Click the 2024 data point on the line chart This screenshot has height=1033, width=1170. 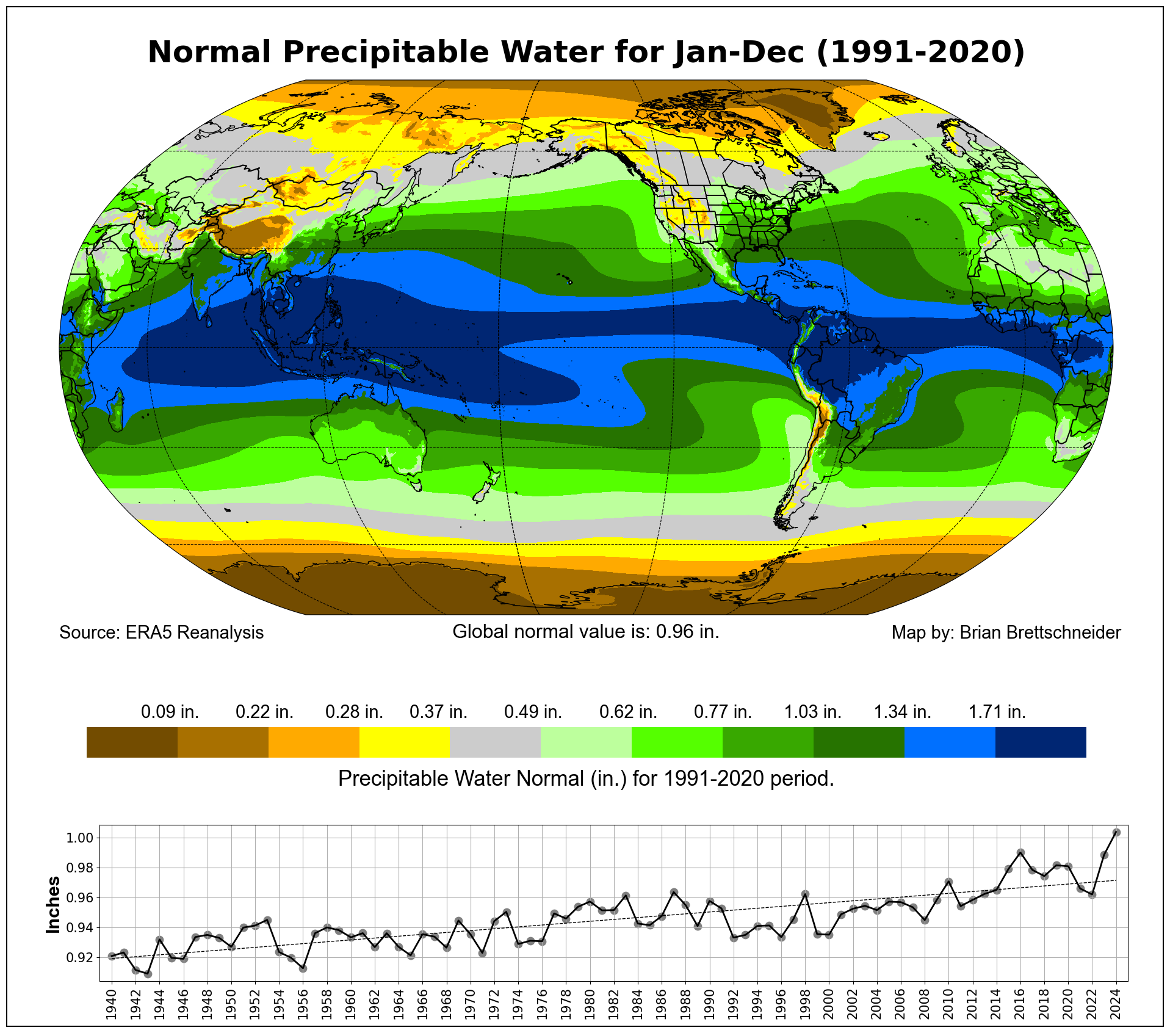pyautogui.click(x=1116, y=832)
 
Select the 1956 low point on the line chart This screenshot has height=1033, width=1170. pyautogui.click(x=303, y=968)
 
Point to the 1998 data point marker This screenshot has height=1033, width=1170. pyautogui.click(x=805, y=894)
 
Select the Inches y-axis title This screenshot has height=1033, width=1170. pyautogui.click(x=54, y=905)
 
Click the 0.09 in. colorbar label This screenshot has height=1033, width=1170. pyautogui.click(x=170, y=712)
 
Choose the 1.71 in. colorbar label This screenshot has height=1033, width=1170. pyautogui.click(x=997, y=712)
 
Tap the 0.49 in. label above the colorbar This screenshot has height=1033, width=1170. pyautogui.click(x=533, y=712)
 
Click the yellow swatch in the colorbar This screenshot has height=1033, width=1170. pyautogui.click(x=405, y=742)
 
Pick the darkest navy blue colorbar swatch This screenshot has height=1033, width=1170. pyautogui.click(x=1041, y=742)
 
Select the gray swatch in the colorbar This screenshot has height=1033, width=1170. pyautogui.click(x=495, y=742)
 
